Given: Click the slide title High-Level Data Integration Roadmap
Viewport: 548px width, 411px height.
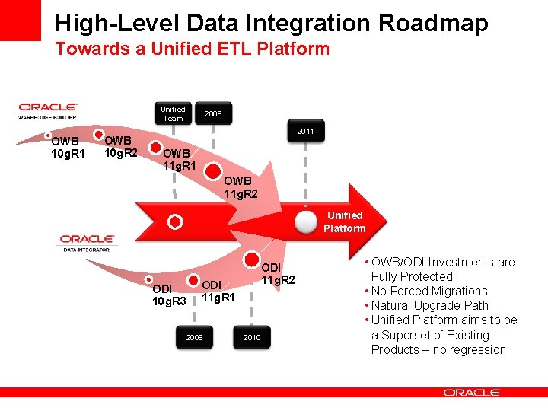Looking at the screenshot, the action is pos(271,23).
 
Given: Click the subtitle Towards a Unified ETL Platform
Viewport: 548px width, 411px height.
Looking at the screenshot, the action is pos(192,49).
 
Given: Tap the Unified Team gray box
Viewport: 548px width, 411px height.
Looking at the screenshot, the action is pos(173,113).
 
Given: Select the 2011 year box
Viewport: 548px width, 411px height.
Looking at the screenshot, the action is pos(306,132).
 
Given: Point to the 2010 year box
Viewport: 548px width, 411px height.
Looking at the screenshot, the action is pos(251,336).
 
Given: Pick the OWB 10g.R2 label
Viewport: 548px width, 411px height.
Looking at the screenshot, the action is pos(120,146).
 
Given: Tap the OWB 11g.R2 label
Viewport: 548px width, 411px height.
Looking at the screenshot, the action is pos(241,187).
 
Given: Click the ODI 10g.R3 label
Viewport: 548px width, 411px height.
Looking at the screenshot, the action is pos(169,295).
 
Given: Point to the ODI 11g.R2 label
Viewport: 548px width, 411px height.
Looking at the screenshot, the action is pos(278,274).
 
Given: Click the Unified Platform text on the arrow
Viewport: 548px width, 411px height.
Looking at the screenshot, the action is pos(344,221).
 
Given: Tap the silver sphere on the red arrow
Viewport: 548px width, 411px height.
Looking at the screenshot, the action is pos(306,221).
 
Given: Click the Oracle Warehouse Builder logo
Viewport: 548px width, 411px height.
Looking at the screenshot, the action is pos(47,111).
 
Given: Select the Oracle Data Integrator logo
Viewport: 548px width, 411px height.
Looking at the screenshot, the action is pos(87,243).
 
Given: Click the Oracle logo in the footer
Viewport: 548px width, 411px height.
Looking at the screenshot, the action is pos(471,393).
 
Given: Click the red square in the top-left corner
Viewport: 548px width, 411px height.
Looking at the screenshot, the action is pos(20,20).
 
